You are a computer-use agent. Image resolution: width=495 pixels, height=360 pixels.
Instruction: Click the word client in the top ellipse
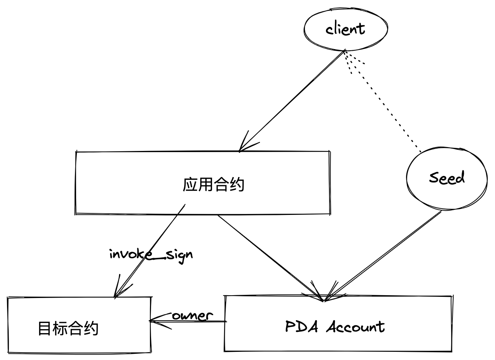345,29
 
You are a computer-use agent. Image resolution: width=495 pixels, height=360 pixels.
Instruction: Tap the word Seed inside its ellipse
447,178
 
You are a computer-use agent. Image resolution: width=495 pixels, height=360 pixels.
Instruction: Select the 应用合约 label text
214,184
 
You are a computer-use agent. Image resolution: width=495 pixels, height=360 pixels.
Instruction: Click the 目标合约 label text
68,328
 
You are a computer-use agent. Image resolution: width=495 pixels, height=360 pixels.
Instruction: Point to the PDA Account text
335,326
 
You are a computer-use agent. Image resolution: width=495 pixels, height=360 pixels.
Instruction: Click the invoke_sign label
151,255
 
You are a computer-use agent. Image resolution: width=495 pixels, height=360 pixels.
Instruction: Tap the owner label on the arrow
192,315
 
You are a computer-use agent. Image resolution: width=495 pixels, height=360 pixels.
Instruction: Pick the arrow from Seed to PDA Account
386,254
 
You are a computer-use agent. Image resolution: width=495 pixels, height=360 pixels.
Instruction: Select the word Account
355,327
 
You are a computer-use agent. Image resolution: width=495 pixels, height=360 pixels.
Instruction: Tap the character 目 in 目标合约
45,328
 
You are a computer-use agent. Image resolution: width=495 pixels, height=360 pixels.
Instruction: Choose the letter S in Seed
434,178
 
